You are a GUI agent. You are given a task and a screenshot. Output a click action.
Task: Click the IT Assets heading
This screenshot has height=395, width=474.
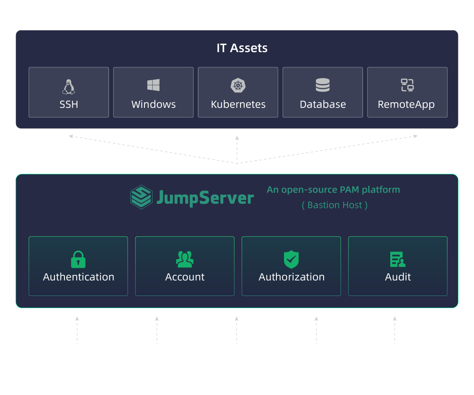(242, 48)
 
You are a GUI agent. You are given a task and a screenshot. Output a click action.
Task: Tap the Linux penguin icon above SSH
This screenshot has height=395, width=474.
(69, 87)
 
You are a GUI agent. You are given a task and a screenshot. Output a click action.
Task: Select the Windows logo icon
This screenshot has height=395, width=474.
(153, 85)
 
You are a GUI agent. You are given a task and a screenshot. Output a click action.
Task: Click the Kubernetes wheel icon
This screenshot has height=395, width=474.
(238, 85)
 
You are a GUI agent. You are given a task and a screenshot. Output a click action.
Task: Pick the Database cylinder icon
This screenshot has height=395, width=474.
(323, 85)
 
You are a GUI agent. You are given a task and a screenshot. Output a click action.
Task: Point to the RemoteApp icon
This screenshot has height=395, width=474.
(407, 85)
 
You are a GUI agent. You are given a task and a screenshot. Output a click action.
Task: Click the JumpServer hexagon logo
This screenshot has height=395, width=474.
(141, 197)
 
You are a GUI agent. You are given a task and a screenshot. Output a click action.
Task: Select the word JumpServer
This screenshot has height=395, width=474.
(205, 197)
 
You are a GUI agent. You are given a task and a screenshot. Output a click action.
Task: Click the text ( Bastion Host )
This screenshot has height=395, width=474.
(335, 205)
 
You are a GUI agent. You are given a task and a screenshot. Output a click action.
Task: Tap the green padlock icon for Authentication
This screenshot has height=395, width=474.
(78, 259)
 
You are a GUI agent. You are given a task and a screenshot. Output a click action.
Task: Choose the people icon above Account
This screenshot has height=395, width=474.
(184, 259)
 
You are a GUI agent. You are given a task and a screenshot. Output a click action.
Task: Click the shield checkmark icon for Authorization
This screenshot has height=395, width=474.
(291, 259)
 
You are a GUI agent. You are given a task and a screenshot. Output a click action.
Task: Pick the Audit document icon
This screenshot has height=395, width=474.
(397, 259)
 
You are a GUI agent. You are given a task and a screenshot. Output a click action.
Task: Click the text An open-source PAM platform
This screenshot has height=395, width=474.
(333, 190)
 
